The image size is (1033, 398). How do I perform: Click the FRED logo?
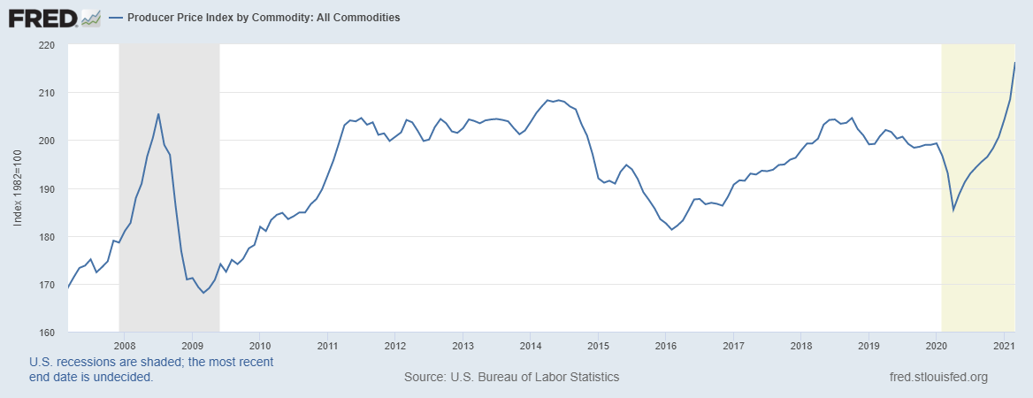(x=42, y=17)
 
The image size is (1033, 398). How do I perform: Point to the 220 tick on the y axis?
(x=47, y=45)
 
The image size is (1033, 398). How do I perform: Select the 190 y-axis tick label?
(x=47, y=189)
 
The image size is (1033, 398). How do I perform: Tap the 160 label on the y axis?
(x=47, y=333)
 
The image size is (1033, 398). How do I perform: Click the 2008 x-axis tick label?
(x=124, y=345)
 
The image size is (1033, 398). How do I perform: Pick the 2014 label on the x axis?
(x=530, y=345)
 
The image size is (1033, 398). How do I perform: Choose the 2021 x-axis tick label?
(x=1004, y=345)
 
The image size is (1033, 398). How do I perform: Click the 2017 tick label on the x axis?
(x=733, y=345)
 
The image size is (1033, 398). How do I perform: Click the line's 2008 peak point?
(x=158, y=114)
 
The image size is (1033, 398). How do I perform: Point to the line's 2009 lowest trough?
(x=203, y=293)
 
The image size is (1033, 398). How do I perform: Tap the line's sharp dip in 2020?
(x=953, y=210)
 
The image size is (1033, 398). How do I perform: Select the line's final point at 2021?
(x=1014, y=63)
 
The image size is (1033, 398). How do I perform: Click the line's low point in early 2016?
(x=672, y=230)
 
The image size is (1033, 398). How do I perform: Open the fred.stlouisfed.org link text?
(x=937, y=378)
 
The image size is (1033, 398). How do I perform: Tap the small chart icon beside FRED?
(x=90, y=17)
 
